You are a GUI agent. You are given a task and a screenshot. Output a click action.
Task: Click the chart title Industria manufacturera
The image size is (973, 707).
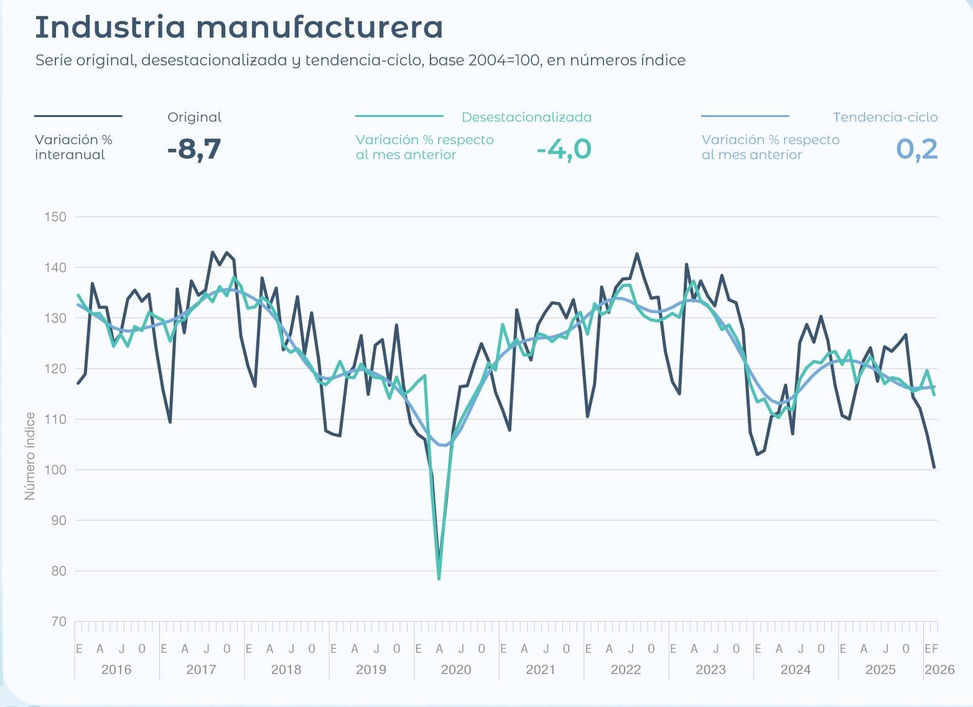tap(239, 27)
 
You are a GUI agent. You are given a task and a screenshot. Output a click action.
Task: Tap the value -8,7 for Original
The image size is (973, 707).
tap(194, 149)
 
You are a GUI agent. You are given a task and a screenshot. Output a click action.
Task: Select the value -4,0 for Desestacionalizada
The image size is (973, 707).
tap(564, 149)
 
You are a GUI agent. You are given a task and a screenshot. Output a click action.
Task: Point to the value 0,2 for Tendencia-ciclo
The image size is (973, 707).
tap(916, 149)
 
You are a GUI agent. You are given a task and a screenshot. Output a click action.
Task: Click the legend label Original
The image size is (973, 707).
tap(194, 117)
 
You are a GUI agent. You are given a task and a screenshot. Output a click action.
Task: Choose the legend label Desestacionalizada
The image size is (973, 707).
tap(526, 117)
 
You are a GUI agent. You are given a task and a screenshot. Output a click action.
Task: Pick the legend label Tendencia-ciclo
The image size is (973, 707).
tap(885, 117)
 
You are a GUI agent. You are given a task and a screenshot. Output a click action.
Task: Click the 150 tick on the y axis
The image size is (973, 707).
tap(55, 217)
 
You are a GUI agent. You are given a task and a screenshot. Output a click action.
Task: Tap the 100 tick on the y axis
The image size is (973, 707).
tap(55, 470)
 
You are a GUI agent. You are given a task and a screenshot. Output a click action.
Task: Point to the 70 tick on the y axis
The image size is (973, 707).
tap(58, 621)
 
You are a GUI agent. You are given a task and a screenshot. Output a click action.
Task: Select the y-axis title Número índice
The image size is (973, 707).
tap(29, 456)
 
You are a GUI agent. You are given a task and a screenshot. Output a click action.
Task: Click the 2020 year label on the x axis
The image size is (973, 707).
tap(455, 670)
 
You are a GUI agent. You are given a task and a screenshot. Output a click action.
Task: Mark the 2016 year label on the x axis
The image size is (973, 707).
tap(116, 670)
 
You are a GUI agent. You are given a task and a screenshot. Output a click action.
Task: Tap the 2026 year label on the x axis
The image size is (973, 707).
tap(939, 670)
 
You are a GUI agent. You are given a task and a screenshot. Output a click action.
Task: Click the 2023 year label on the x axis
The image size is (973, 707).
tap(710, 670)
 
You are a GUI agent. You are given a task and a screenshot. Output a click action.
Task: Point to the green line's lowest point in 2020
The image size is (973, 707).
tap(439, 579)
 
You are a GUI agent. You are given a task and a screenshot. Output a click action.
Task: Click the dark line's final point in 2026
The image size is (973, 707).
tap(934, 467)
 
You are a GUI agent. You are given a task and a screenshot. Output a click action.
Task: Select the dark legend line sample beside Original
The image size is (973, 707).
tap(78, 116)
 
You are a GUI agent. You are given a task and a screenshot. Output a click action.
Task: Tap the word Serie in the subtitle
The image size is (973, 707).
tap(53, 60)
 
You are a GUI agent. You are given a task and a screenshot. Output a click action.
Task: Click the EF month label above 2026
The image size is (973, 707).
tap(931, 649)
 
